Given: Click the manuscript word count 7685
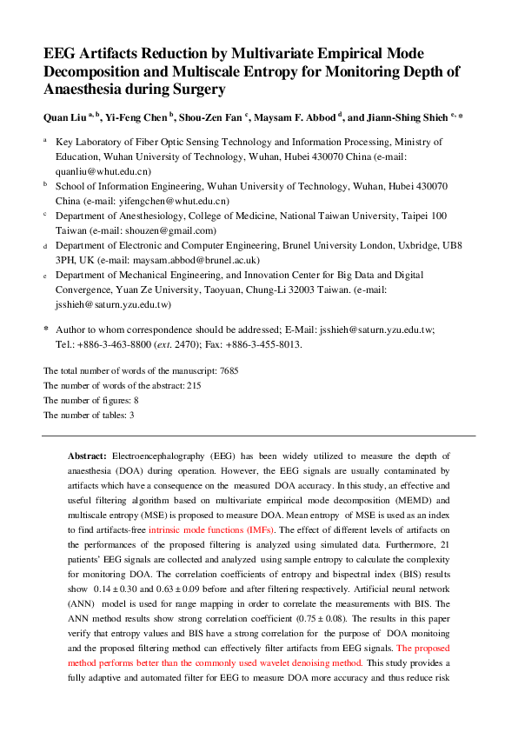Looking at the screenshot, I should point(229,370).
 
